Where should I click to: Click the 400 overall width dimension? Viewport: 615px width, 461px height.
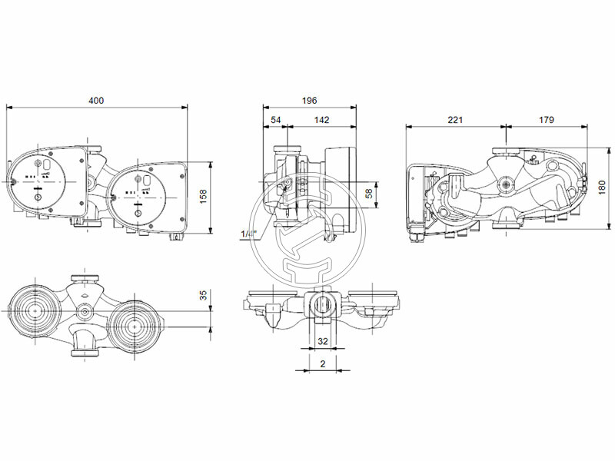[x=96, y=101]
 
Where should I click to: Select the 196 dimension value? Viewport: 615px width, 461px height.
[x=309, y=101]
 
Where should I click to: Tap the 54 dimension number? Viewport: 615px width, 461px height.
[x=276, y=120]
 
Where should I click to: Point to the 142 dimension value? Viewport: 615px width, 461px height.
[x=322, y=120]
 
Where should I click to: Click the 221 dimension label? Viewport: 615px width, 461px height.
[x=455, y=120]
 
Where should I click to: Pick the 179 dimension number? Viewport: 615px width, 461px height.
[x=547, y=120]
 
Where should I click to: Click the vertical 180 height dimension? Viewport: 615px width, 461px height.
[x=602, y=187]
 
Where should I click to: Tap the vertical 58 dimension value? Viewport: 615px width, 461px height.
[x=368, y=193]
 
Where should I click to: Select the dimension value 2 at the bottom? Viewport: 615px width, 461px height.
[x=324, y=363]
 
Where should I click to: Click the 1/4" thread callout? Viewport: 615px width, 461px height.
[x=248, y=234]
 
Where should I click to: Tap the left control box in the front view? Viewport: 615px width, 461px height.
[x=46, y=181]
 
